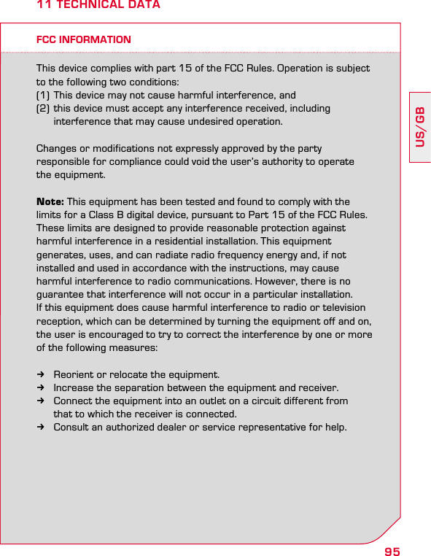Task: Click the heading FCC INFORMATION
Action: pyautogui.click(x=84, y=39)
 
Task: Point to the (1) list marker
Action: pyautogui.click(x=43, y=95)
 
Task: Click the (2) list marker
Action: pyautogui.click(x=43, y=108)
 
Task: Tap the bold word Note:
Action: pyautogui.click(x=50, y=201)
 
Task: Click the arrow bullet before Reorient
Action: pyautogui.click(x=42, y=375)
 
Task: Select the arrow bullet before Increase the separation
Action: pyautogui.click(x=42, y=388)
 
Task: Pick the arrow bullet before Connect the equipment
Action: pyautogui.click(x=42, y=401)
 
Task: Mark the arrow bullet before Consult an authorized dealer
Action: pyautogui.click(x=42, y=427)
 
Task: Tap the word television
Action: pyautogui.click(x=343, y=307)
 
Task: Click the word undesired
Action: pyautogui.click(x=201, y=121)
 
